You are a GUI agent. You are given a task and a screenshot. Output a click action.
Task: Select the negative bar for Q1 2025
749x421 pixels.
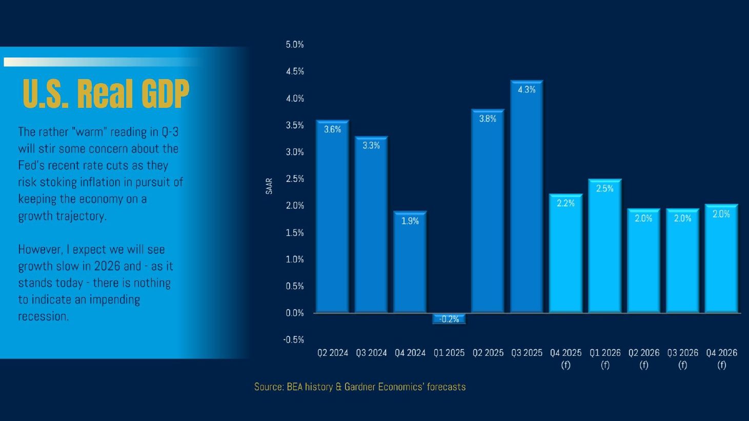pyautogui.click(x=449, y=319)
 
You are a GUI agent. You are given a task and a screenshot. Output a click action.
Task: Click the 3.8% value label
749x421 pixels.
pyautogui.click(x=488, y=119)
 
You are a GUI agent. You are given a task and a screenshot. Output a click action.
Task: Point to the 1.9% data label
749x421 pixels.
pyautogui.click(x=410, y=221)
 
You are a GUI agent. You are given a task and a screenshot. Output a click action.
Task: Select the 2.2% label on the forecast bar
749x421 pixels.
pyautogui.click(x=565, y=203)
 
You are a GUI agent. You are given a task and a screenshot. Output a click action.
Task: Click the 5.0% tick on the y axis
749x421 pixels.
pyautogui.click(x=295, y=45)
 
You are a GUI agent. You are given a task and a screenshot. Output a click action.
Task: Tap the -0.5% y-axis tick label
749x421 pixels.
pyautogui.click(x=294, y=339)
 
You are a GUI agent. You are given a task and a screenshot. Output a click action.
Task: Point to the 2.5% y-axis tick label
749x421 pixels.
pyautogui.click(x=295, y=179)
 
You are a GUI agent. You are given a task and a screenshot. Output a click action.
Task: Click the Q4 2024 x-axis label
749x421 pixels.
pyautogui.click(x=410, y=353)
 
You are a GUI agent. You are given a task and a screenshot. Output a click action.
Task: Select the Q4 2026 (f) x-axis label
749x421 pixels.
pyautogui.click(x=721, y=358)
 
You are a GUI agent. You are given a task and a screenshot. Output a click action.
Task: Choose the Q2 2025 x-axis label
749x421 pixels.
pyautogui.click(x=488, y=353)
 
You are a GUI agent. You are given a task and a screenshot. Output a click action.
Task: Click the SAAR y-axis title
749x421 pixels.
pyautogui.click(x=269, y=186)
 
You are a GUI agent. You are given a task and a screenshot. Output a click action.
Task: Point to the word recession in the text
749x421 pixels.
pyautogui.click(x=43, y=316)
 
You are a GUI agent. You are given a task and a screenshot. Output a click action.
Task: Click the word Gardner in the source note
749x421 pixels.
pyautogui.click(x=359, y=387)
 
